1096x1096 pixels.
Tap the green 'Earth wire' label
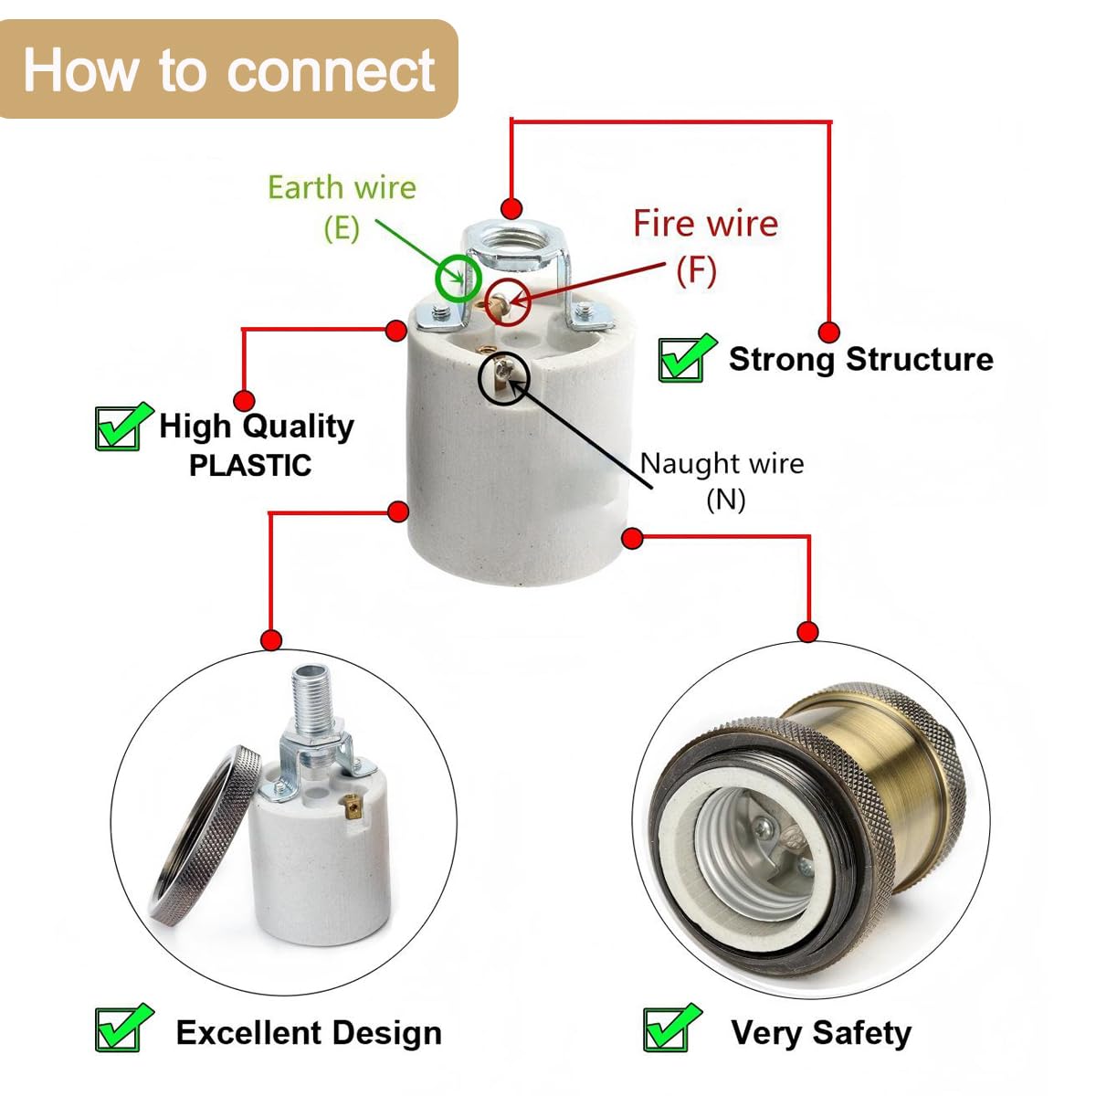point(342,188)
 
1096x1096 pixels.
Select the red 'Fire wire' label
point(706,223)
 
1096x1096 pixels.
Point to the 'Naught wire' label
point(722,464)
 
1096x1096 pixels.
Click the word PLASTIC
point(250,466)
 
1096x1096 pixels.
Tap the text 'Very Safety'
point(821,1033)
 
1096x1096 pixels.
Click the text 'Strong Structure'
point(861,360)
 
